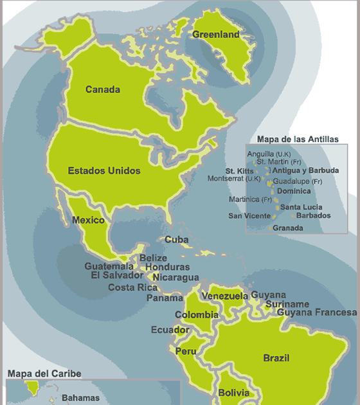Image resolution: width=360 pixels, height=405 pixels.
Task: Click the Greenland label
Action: (x=215, y=35)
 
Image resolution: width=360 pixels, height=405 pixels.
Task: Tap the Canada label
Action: (x=103, y=90)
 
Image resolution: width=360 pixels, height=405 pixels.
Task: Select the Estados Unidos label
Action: (x=104, y=171)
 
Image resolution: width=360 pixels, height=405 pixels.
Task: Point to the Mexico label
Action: (x=88, y=221)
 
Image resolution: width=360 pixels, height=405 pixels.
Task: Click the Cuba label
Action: (x=177, y=239)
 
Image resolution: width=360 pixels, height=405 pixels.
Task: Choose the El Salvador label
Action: (x=117, y=275)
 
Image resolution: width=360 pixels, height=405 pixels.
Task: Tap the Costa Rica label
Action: (x=133, y=287)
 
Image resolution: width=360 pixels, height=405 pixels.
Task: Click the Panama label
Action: (x=165, y=298)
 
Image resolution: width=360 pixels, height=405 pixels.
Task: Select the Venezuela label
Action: (x=225, y=296)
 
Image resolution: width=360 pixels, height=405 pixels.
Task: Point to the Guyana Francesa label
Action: (x=317, y=312)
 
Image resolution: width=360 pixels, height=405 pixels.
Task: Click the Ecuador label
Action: (x=170, y=330)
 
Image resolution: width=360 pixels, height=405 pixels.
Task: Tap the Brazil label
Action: (x=276, y=358)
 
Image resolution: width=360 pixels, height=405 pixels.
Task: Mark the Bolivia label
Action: (x=233, y=393)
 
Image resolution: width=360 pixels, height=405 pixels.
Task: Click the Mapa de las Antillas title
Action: (x=298, y=139)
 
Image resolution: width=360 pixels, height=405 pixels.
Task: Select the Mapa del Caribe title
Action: (x=44, y=373)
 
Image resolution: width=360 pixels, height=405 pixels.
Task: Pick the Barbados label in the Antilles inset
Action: (x=314, y=216)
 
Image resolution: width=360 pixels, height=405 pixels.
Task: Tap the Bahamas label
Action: (x=81, y=398)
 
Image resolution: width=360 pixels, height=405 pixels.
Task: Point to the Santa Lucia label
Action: (x=301, y=207)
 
